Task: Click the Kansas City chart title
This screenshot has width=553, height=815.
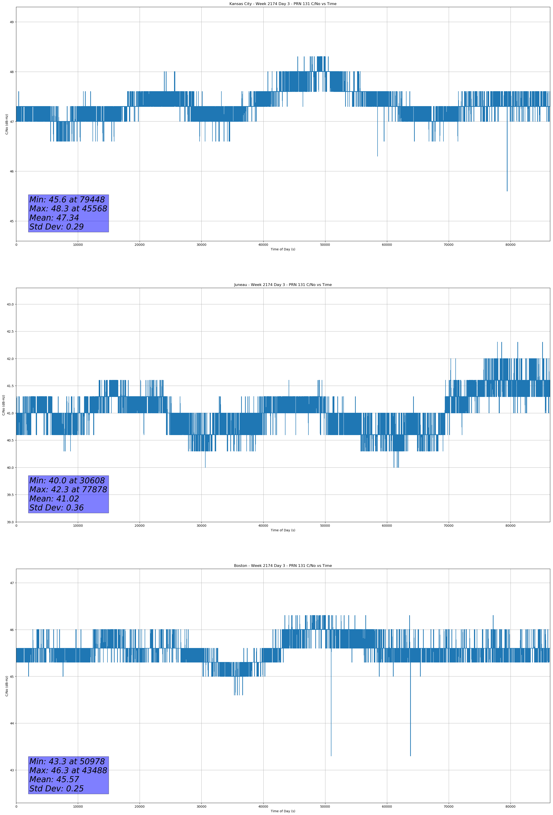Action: [x=283, y=4]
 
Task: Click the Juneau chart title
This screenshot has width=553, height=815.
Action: [x=283, y=285]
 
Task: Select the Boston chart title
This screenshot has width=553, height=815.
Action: [x=283, y=566]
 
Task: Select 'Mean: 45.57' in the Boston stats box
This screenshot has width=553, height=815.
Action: [x=54, y=779]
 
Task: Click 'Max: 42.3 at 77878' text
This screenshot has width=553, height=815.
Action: [x=68, y=489]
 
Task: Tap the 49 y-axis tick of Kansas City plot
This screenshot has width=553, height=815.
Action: [x=11, y=22]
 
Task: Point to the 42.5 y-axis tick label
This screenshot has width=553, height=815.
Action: [x=10, y=331]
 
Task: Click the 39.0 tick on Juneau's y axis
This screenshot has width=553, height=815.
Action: [x=10, y=522]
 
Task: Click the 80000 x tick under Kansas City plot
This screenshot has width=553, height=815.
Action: [x=510, y=245]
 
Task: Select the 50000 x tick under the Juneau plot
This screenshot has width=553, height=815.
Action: [x=325, y=526]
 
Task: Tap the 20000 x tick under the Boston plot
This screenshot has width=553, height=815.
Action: [x=140, y=807]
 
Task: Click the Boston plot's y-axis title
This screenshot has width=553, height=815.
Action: [x=7, y=686]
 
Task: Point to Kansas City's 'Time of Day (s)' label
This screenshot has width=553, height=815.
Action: [x=283, y=249]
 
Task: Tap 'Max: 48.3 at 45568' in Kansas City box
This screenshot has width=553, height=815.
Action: [x=68, y=208]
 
